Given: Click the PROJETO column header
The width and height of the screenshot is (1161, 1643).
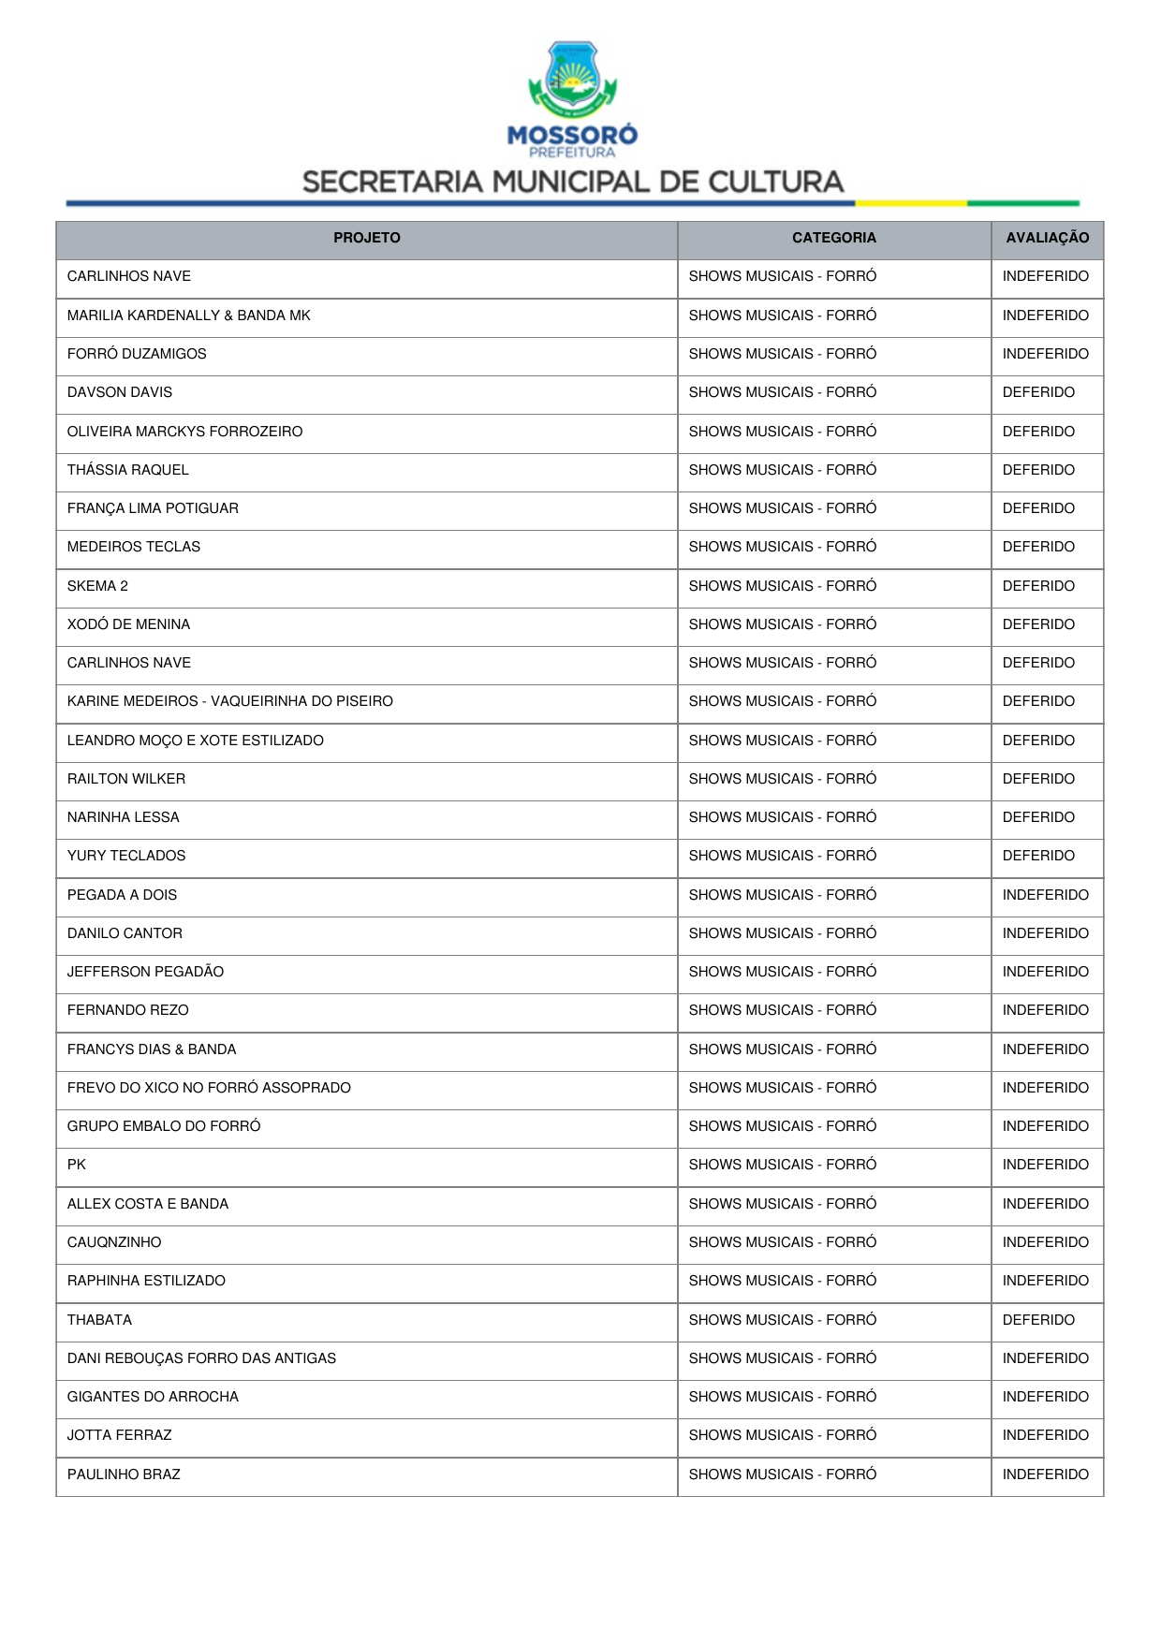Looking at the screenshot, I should pos(366,238).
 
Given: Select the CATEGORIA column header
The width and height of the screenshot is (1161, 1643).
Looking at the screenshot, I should pos(833,238).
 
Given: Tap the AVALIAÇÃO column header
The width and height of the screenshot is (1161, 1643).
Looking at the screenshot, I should pos(1047,238).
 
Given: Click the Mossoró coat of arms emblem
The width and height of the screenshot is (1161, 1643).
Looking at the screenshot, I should pos(572,79).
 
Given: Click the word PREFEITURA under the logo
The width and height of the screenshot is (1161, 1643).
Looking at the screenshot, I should pos(572,153).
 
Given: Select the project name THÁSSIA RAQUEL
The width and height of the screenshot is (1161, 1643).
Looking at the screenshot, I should pos(128,470).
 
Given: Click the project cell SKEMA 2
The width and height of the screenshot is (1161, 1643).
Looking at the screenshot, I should pos(97,586).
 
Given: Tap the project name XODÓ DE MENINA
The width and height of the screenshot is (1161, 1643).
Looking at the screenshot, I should pos(128,624).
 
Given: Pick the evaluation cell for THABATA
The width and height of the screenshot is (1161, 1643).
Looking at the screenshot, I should pos(1038,1320).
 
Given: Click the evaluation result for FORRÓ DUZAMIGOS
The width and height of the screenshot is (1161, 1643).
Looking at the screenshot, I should pos(1045,354).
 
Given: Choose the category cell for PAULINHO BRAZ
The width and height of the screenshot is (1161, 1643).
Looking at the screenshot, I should pos(782,1474).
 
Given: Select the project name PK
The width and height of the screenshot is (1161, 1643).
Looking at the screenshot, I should pos(77,1165).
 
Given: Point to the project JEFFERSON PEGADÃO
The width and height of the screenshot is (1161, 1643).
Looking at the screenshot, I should pos(145,972).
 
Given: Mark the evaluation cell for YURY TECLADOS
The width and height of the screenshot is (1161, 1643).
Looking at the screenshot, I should pos(1038,856).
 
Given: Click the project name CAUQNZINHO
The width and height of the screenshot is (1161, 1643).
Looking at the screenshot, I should pos(114,1242).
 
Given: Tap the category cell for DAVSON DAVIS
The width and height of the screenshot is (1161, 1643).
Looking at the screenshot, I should pos(782,392).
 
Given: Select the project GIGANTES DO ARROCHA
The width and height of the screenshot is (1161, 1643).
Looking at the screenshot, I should pos(153,1397).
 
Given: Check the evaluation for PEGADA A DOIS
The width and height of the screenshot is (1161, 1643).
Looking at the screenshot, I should pos(1045,895).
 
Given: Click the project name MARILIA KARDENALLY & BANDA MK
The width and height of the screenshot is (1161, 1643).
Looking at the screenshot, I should pos(188,315).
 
